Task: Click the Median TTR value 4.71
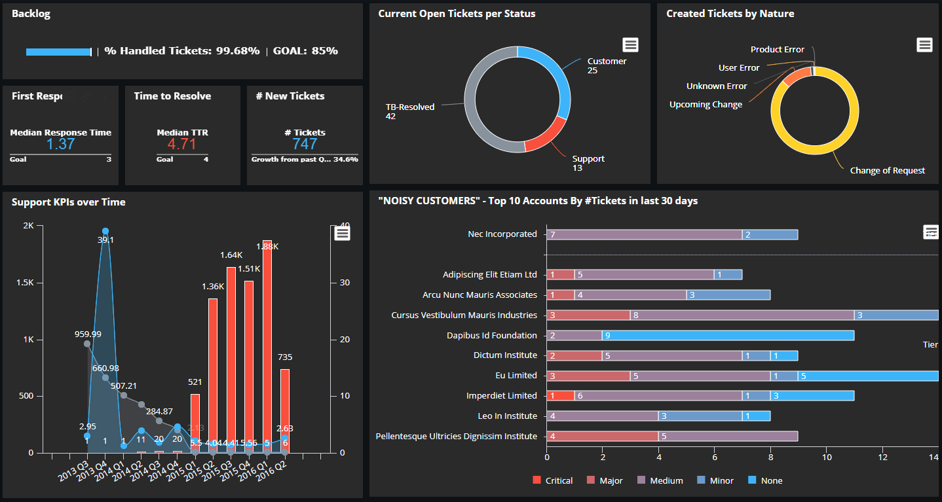pos(181,144)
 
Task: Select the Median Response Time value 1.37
pos(60,144)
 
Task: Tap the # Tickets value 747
pos(305,144)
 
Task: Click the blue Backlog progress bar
pos(58,52)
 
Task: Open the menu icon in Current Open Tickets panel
pos(630,45)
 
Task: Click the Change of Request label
pos(887,170)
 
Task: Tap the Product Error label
pos(777,49)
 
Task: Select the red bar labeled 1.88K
pos(267,347)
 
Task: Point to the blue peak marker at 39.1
pos(105,232)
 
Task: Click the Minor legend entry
pos(715,480)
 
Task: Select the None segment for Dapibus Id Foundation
pos(728,335)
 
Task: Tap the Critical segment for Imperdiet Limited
pos(560,395)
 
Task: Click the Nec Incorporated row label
pos(502,234)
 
